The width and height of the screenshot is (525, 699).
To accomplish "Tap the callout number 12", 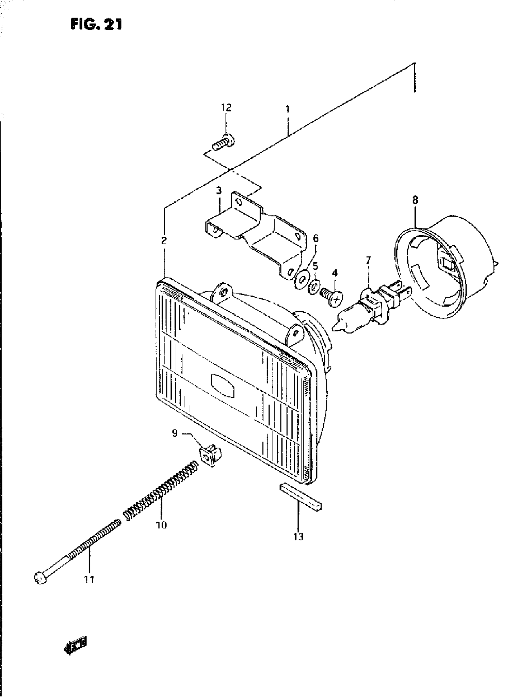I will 226,108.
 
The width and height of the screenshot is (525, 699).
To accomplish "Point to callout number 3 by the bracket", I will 219,191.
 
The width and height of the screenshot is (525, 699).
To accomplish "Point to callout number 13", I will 298,536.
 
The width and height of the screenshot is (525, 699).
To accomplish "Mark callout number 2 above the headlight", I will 164,241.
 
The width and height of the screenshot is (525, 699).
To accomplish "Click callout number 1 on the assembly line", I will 287,110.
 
